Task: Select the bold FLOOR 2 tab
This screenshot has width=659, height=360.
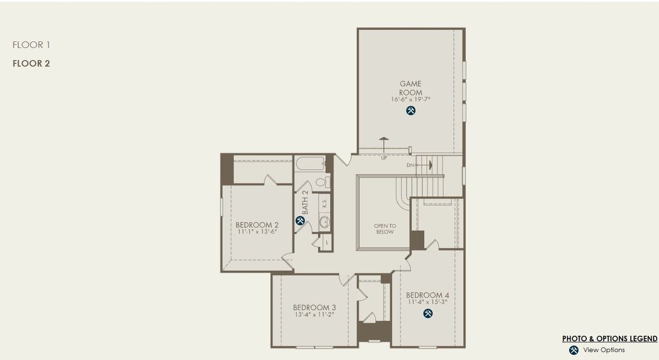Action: [31, 64]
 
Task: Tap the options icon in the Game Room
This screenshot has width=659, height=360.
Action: [411, 110]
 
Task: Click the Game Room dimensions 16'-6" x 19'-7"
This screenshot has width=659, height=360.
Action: [411, 99]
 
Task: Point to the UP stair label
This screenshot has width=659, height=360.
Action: [384, 158]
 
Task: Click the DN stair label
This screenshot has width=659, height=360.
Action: [411, 165]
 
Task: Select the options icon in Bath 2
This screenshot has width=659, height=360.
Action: [300, 220]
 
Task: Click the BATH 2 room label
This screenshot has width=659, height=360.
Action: [305, 202]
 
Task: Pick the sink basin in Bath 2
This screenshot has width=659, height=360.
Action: [324, 223]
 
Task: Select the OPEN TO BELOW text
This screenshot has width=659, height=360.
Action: [385, 229]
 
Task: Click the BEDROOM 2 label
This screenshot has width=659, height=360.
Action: [257, 224]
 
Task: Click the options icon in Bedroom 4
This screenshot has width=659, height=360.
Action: [428, 313]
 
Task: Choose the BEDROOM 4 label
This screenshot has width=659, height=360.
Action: [427, 295]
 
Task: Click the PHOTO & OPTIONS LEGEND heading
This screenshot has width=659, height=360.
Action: [609, 338]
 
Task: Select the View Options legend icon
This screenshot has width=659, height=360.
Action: [574, 350]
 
